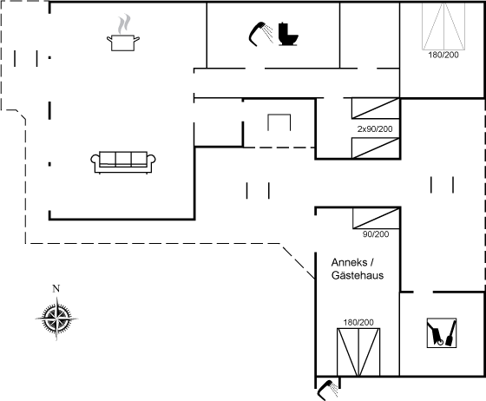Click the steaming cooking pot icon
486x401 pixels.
pos(123,32)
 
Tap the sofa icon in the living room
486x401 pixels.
pos(123,162)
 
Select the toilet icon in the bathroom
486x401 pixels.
pos(288,34)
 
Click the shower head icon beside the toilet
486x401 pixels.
pos(260,34)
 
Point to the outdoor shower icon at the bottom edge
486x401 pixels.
pos(328,390)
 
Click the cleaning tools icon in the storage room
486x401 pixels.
pos(442,332)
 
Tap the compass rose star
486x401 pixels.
pos(56,319)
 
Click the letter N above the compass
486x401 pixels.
pos(56,288)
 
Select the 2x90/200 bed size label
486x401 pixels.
pos(375,129)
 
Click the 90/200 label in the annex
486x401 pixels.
pos(376,234)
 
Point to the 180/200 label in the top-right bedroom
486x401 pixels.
pos(443,55)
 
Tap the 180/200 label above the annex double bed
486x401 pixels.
pos(358,322)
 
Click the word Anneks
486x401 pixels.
pos(349,262)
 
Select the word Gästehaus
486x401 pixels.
pos(358,275)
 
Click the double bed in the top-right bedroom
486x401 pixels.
pos(443,26)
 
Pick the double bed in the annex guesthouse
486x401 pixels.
pos(358,352)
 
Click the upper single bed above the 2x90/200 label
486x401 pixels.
pos(375,108)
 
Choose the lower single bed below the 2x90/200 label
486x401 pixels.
pos(375,148)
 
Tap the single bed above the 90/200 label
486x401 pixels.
pos(376,219)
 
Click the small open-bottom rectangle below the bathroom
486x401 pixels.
pos(279,115)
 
